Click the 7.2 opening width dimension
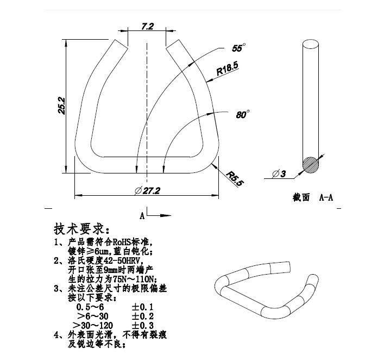(147, 27)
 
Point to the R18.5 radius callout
(227, 69)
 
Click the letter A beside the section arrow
(142, 216)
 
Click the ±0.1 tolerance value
(143, 307)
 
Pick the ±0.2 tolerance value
(143, 316)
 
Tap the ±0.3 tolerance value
(143, 325)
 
